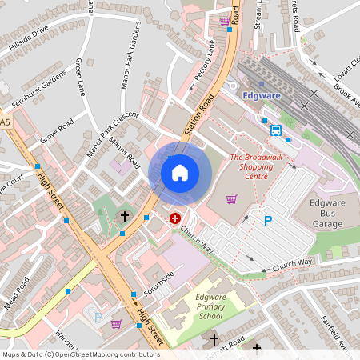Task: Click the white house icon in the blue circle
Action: pyautogui.click(x=180, y=173)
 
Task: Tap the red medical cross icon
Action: pyautogui.click(x=175, y=218)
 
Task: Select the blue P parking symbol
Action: pyautogui.click(x=268, y=221)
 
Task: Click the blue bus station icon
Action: pyautogui.click(x=276, y=130)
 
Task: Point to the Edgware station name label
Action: pyautogui.click(x=260, y=95)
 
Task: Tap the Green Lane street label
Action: pyautogui.click(x=81, y=77)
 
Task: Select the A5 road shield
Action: pyautogui.click(x=6, y=122)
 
